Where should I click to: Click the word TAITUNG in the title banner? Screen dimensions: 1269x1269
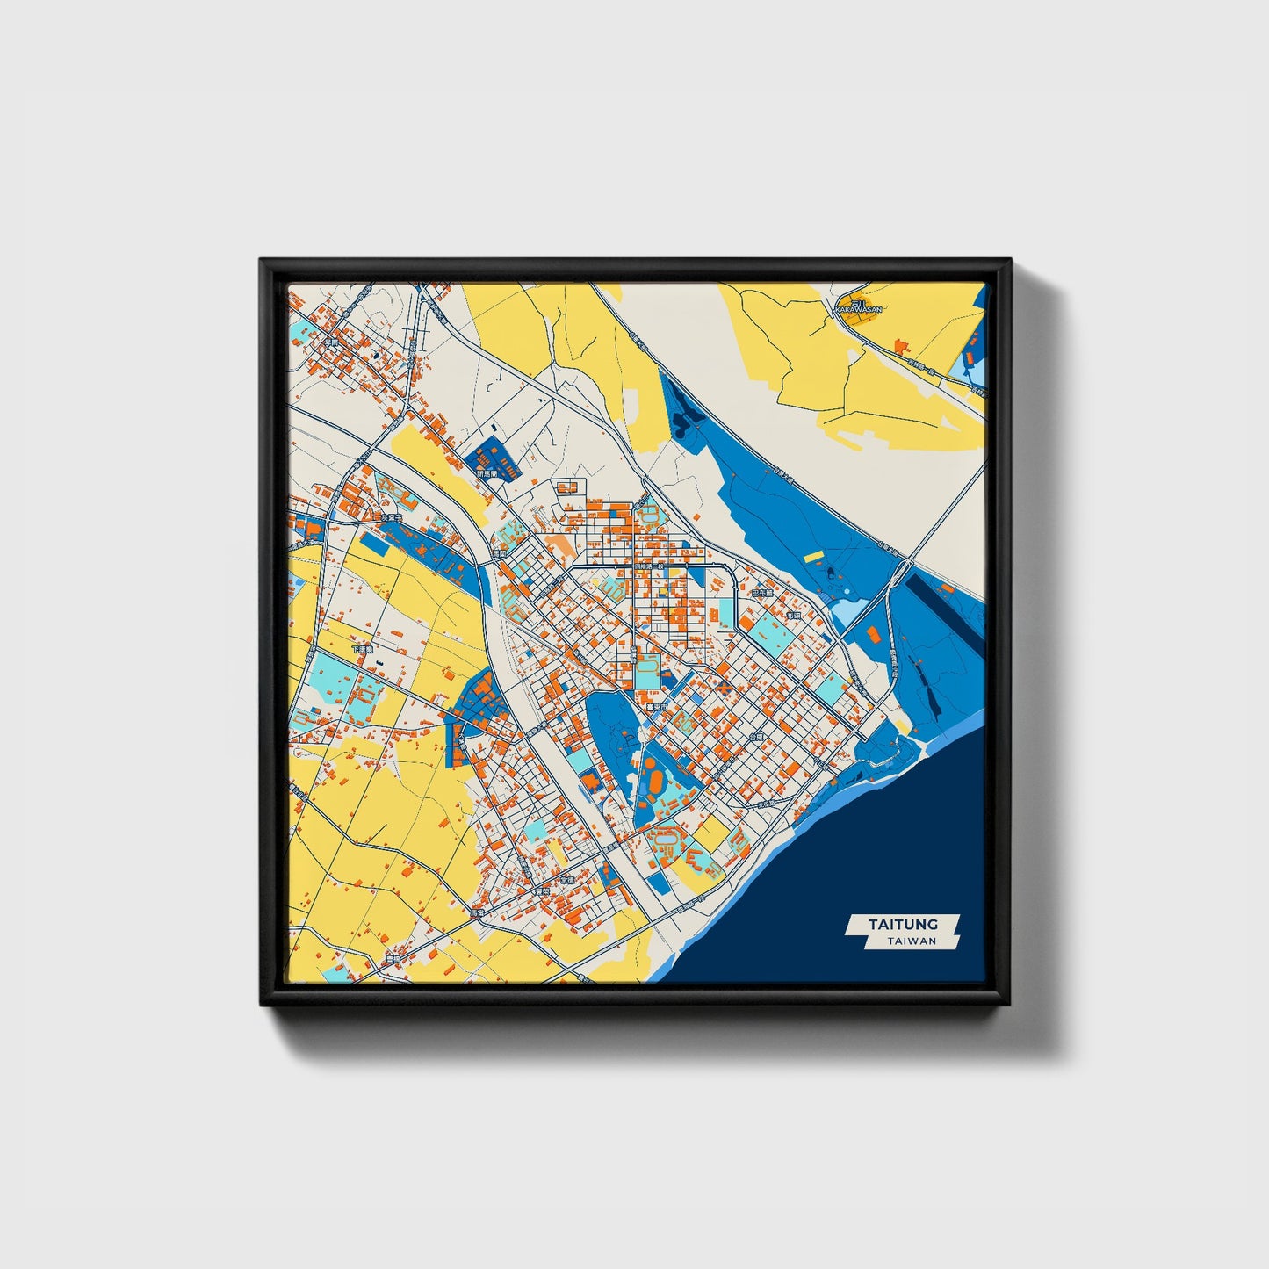903,924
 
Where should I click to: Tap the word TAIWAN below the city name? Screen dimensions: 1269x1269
912,941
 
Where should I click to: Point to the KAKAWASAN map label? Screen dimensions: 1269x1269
857,310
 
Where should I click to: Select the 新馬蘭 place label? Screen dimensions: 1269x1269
487,473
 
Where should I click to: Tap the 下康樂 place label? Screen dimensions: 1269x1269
362,649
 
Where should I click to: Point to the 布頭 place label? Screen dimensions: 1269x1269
794,616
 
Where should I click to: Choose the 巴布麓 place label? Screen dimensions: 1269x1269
762,593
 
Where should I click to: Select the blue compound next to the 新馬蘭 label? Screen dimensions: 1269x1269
492,458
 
